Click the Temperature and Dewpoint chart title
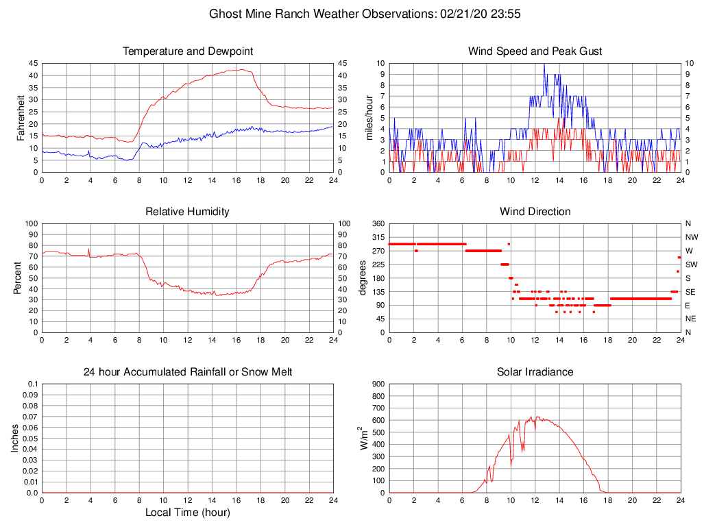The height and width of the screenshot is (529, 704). pos(187,51)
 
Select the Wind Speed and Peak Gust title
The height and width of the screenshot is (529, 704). pos(535,51)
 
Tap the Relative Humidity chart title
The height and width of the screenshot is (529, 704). pos(187,212)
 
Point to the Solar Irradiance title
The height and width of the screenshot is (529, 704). pos(535,372)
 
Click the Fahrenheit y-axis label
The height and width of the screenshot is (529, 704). pos(21,117)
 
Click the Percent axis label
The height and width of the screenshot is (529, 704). pos(17,278)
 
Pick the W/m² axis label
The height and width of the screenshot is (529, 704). pos(364,438)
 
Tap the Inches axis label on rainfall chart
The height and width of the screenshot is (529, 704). pos(15,438)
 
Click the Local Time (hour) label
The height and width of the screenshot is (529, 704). pos(187,513)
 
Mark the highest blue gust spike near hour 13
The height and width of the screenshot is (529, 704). pos(544,64)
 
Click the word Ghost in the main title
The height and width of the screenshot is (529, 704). pos(225,14)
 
